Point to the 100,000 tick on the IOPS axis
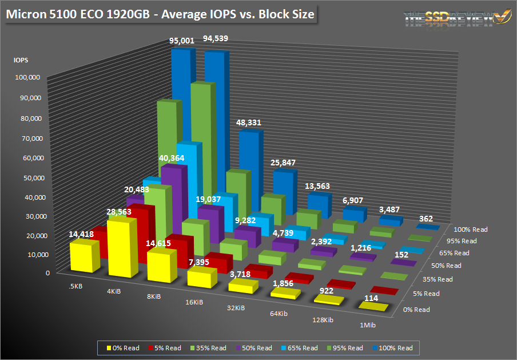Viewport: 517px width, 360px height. [x=27, y=77]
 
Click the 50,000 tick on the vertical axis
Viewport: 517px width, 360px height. [x=29, y=177]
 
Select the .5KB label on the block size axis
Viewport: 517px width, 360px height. [x=75, y=284]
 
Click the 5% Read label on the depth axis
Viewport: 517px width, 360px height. [x=427, y=294]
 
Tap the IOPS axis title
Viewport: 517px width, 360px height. [x=21, y=59]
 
